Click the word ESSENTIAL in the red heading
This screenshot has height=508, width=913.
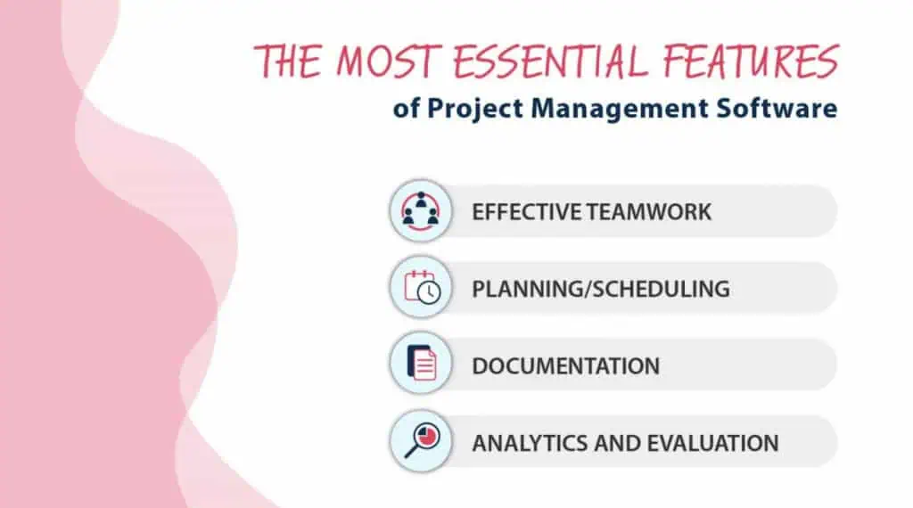pos(550,61)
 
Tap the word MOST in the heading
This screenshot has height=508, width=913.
pos(385,61)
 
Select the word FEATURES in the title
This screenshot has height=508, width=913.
pos(751,61)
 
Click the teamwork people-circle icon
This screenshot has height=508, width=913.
pos(421,210)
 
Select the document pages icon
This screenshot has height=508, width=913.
pos(422,363)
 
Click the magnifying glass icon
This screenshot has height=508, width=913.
pos(422,440)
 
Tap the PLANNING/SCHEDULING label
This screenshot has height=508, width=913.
pos(600,289)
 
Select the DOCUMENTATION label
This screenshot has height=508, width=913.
pos(565,366)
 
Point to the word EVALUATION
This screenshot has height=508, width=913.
pos(712,444)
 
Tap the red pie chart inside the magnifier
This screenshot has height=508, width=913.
pos(428,437)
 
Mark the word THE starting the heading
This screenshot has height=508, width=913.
pos(288,61)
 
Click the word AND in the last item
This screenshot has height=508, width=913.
pos(617,444)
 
